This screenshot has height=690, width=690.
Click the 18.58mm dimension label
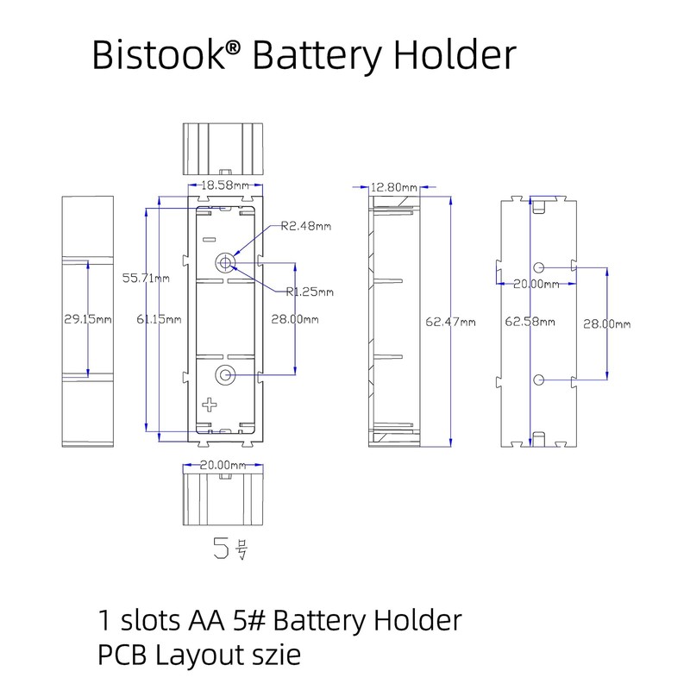point(225,185)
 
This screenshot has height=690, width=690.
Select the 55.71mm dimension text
point(146,278)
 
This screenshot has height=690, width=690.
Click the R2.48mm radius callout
point(305,227)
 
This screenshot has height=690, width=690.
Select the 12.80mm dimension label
point(393,187)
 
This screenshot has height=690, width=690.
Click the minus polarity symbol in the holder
point(208,238)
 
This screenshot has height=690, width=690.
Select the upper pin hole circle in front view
point(226,261)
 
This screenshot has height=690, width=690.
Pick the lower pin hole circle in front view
point(226,374)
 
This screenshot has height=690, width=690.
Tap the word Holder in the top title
point(455,55)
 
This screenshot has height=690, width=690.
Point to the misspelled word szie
point(278,655)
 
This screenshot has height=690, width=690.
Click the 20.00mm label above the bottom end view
point(224,464)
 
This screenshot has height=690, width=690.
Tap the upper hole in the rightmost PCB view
point(539,267)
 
